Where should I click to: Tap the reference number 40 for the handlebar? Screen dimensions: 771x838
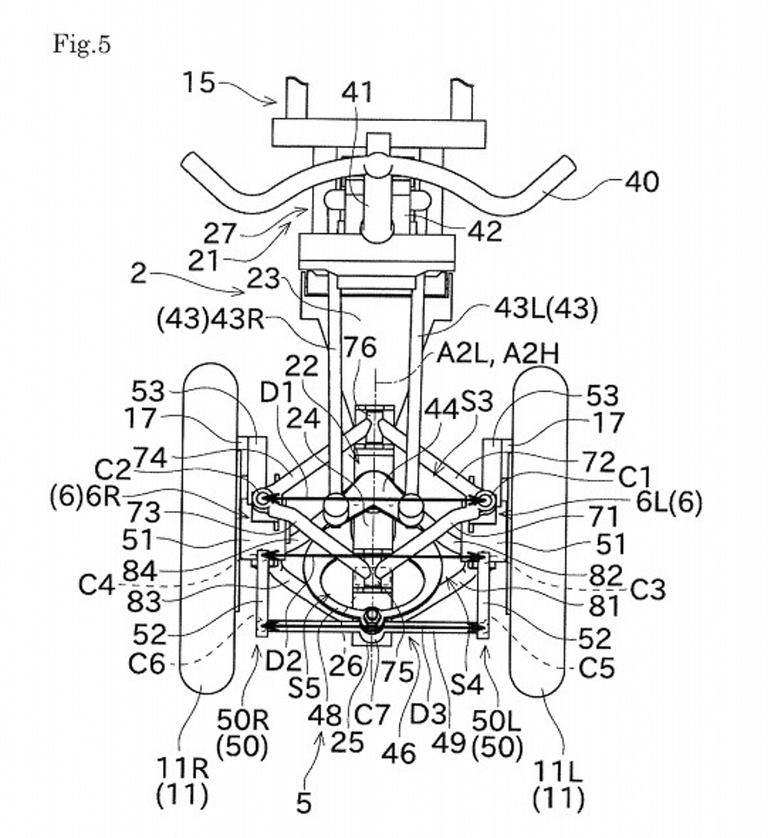[x=642, y=182]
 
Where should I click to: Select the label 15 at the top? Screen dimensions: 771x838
[x=198, y=82]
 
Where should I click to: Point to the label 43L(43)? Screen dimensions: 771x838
[x=546, y=310]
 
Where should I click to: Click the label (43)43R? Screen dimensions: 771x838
[x=211, y=321]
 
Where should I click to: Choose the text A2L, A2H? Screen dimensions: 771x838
[x=498, y=354]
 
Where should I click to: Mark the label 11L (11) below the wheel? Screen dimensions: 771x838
[x=558, y=785]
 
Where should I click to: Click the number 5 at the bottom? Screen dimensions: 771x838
[x=304, y=802]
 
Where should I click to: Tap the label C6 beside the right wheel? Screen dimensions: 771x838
[x=146, y=664]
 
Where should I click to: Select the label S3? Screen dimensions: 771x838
[x=477, y=402]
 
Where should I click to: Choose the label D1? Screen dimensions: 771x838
[x=276, y=393]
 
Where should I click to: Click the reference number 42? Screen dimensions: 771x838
[x=485, y=231]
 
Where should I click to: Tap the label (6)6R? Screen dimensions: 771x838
[x=85, y=498]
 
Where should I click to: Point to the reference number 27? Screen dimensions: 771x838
[x=220, y=233]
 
